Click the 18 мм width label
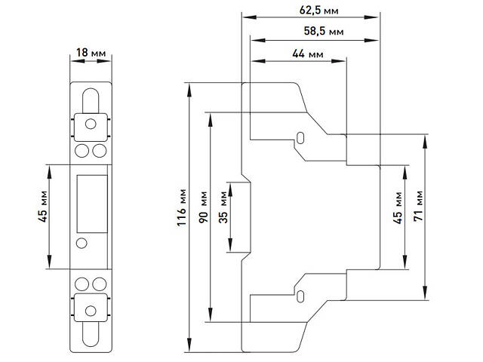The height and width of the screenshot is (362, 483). (91, 53)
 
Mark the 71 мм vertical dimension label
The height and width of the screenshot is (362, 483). (419, 204)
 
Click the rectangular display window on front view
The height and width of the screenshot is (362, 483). (91, 202)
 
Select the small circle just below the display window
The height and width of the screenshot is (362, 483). (82, 243)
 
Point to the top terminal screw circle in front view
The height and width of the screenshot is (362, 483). (91, 122)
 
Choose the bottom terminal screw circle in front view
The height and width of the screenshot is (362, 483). (91, 310)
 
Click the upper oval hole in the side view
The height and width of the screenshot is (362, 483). (300, 139)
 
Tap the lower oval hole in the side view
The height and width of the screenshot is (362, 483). (300, 294)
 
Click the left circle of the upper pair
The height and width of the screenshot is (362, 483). (83, 150)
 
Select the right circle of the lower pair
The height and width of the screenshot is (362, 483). (100, 283)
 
